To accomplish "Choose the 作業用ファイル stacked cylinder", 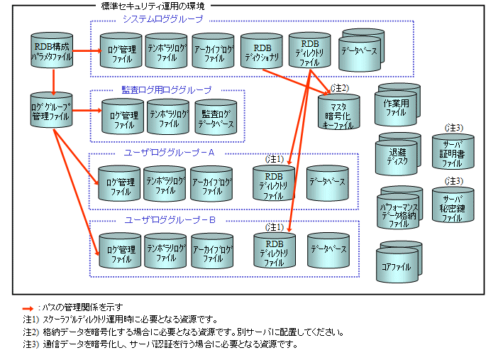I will coord(399,107).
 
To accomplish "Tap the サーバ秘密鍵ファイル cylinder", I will coord(452,208).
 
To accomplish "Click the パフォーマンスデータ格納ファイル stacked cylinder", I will coord(398,209).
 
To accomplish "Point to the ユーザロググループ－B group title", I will coord(170,219).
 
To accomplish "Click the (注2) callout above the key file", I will coord(341,88).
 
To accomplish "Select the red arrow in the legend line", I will coord(29,307).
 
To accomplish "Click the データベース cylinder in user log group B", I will coord(327,250).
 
